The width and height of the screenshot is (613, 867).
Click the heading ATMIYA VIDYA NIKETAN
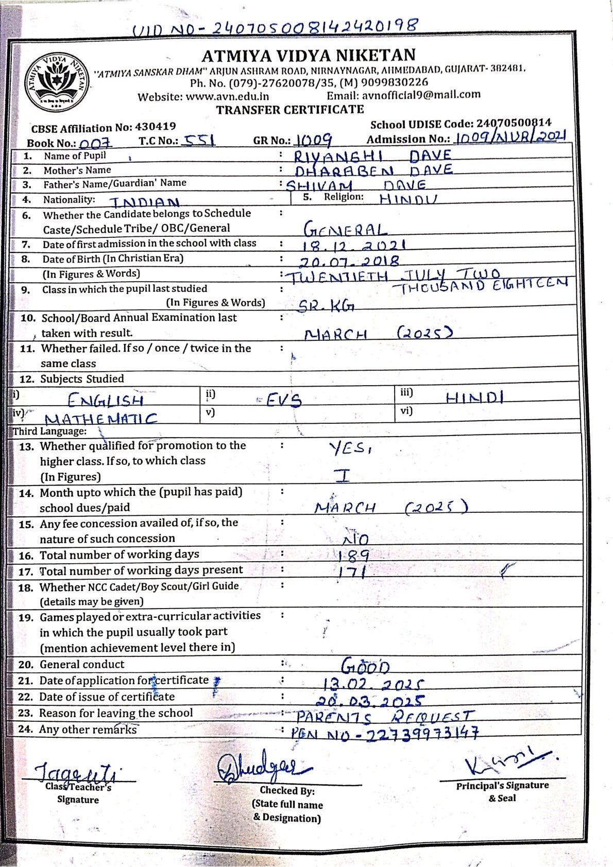(308, 55)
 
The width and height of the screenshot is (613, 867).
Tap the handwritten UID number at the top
(275, 27)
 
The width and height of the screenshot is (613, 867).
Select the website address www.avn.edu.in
(227, 96)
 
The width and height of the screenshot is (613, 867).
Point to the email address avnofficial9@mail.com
(421, 95)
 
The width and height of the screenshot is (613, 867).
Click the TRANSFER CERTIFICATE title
(290, 110)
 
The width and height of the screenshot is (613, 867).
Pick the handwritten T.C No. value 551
(200, 140)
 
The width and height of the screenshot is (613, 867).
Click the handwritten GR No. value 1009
(314, 140)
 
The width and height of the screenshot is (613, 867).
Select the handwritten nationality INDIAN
(145, 202)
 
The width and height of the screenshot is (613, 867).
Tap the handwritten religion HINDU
(408, 199)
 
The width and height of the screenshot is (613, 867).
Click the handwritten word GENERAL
(344, 230)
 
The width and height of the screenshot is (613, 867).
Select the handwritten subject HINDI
(474, 397)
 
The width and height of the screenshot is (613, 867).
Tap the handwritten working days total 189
(354, 555)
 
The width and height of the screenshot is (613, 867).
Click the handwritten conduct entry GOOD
(365, 666)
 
